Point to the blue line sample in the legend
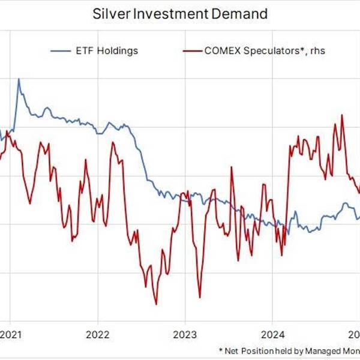pyautogui.click(x=62, y=50)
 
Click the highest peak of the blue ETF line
pyautogui.click(x=19, y=79)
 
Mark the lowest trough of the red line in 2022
pyautogui.click(x=156, y=304)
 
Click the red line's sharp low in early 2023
pyautogui.click(x=199, y=296)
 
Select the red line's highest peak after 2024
pyautogui.click(x=342, y=115)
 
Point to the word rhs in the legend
pyautogui.click(x=317, y=51)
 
